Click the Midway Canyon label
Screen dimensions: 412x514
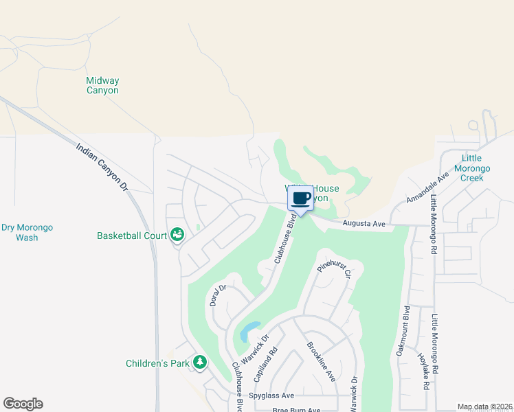[102, 85]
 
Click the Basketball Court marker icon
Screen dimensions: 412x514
[177, 236]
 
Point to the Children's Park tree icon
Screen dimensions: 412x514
[200, 362]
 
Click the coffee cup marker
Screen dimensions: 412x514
[301, 199]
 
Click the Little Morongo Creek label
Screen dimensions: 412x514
[471, 168]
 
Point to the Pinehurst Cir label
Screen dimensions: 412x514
[334, 268]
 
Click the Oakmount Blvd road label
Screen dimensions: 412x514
[402, 330]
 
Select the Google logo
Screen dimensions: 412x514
[23, 404]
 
